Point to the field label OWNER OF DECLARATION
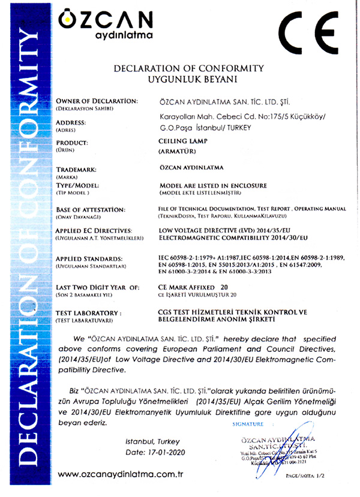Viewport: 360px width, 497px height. click(97, 100)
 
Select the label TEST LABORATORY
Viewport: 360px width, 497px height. click(88, 313)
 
